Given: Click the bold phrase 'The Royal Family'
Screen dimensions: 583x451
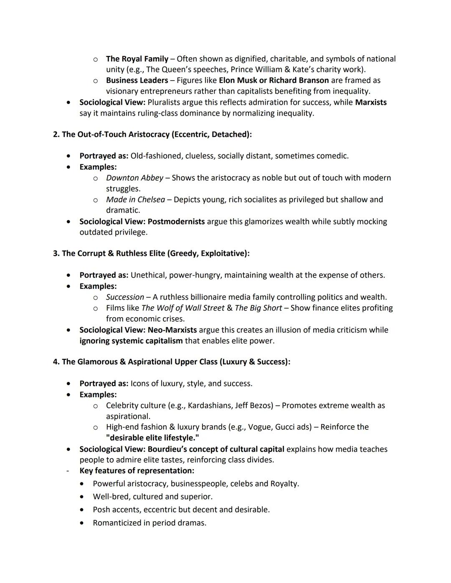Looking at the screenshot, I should point(137,59).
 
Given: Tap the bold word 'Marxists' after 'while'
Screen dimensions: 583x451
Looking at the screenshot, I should point(371,102).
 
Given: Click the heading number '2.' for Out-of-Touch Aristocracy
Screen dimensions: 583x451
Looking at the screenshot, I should point(56,134).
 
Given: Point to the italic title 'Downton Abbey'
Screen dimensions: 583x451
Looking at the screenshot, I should point(134,178).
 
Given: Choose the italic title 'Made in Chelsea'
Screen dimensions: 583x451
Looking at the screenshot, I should point(135,199).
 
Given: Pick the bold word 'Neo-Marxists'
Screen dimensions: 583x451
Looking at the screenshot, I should point(172,330).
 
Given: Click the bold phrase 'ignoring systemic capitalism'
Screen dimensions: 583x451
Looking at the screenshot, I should point(131,341).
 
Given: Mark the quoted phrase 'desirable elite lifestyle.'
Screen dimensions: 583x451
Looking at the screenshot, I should point(152,438).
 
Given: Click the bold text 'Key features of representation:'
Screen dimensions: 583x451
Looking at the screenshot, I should point(137,471).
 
